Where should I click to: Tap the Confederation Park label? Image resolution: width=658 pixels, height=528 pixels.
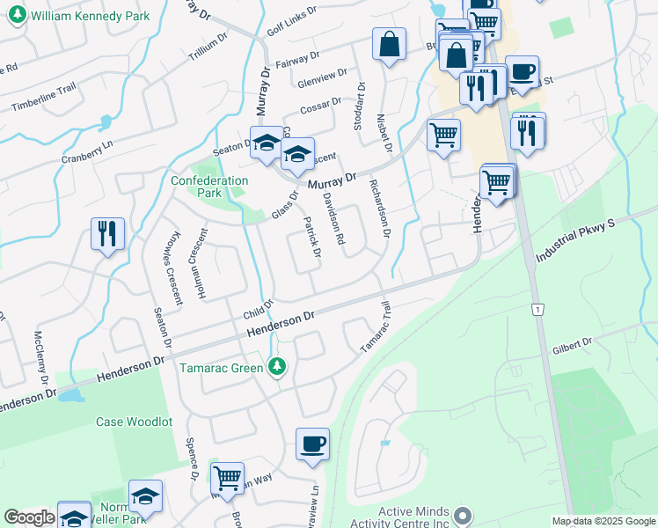pos(209,187)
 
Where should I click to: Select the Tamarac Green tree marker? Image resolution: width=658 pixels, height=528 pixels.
pos(278,366)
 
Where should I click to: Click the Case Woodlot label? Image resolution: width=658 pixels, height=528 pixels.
pos(134,422)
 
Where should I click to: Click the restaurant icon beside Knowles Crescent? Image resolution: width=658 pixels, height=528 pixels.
pos(107,233)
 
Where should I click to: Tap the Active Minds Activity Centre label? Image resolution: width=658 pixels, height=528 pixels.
pos(413,517)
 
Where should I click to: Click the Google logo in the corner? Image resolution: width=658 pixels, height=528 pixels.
pos(28,517)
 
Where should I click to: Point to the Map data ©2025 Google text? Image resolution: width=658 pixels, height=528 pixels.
pos(603,521)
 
